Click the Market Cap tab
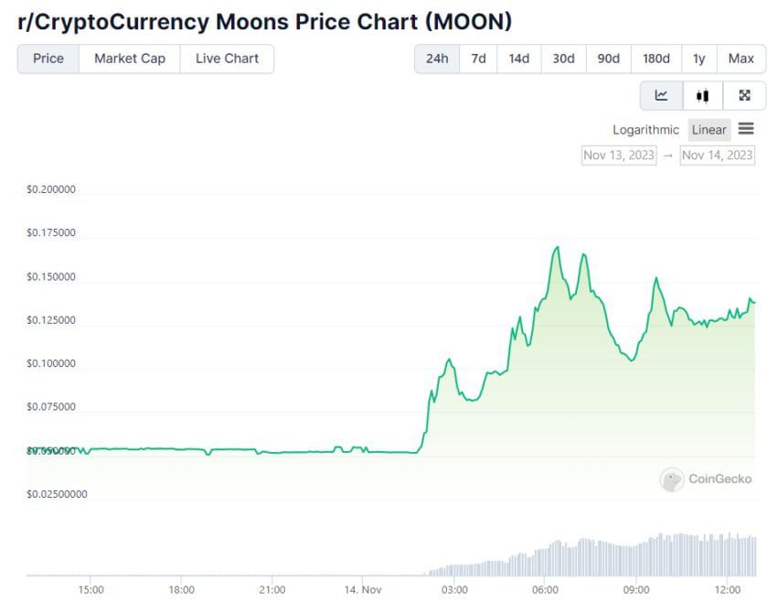coord(130,59)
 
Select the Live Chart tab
coord(227,59)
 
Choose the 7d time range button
coord(478,59)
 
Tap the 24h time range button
coord(437,59)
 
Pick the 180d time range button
coord(655,59)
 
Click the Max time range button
coord(741,59)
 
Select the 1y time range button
coord(699,59)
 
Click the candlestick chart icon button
coord(702,95)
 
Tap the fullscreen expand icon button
coord(744,95)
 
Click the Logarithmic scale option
coord(645,130)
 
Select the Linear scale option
coord(708,130)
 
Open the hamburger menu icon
coord(746,129)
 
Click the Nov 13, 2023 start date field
coord(619,155)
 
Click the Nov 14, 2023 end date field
coord(718,155)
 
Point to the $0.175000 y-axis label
coord(51,233)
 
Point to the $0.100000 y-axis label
coord(51,364)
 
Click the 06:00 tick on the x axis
coord(545,590)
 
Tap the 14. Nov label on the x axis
coord(363,590)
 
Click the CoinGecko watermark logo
coord(706,479)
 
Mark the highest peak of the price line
coord(556,247)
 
